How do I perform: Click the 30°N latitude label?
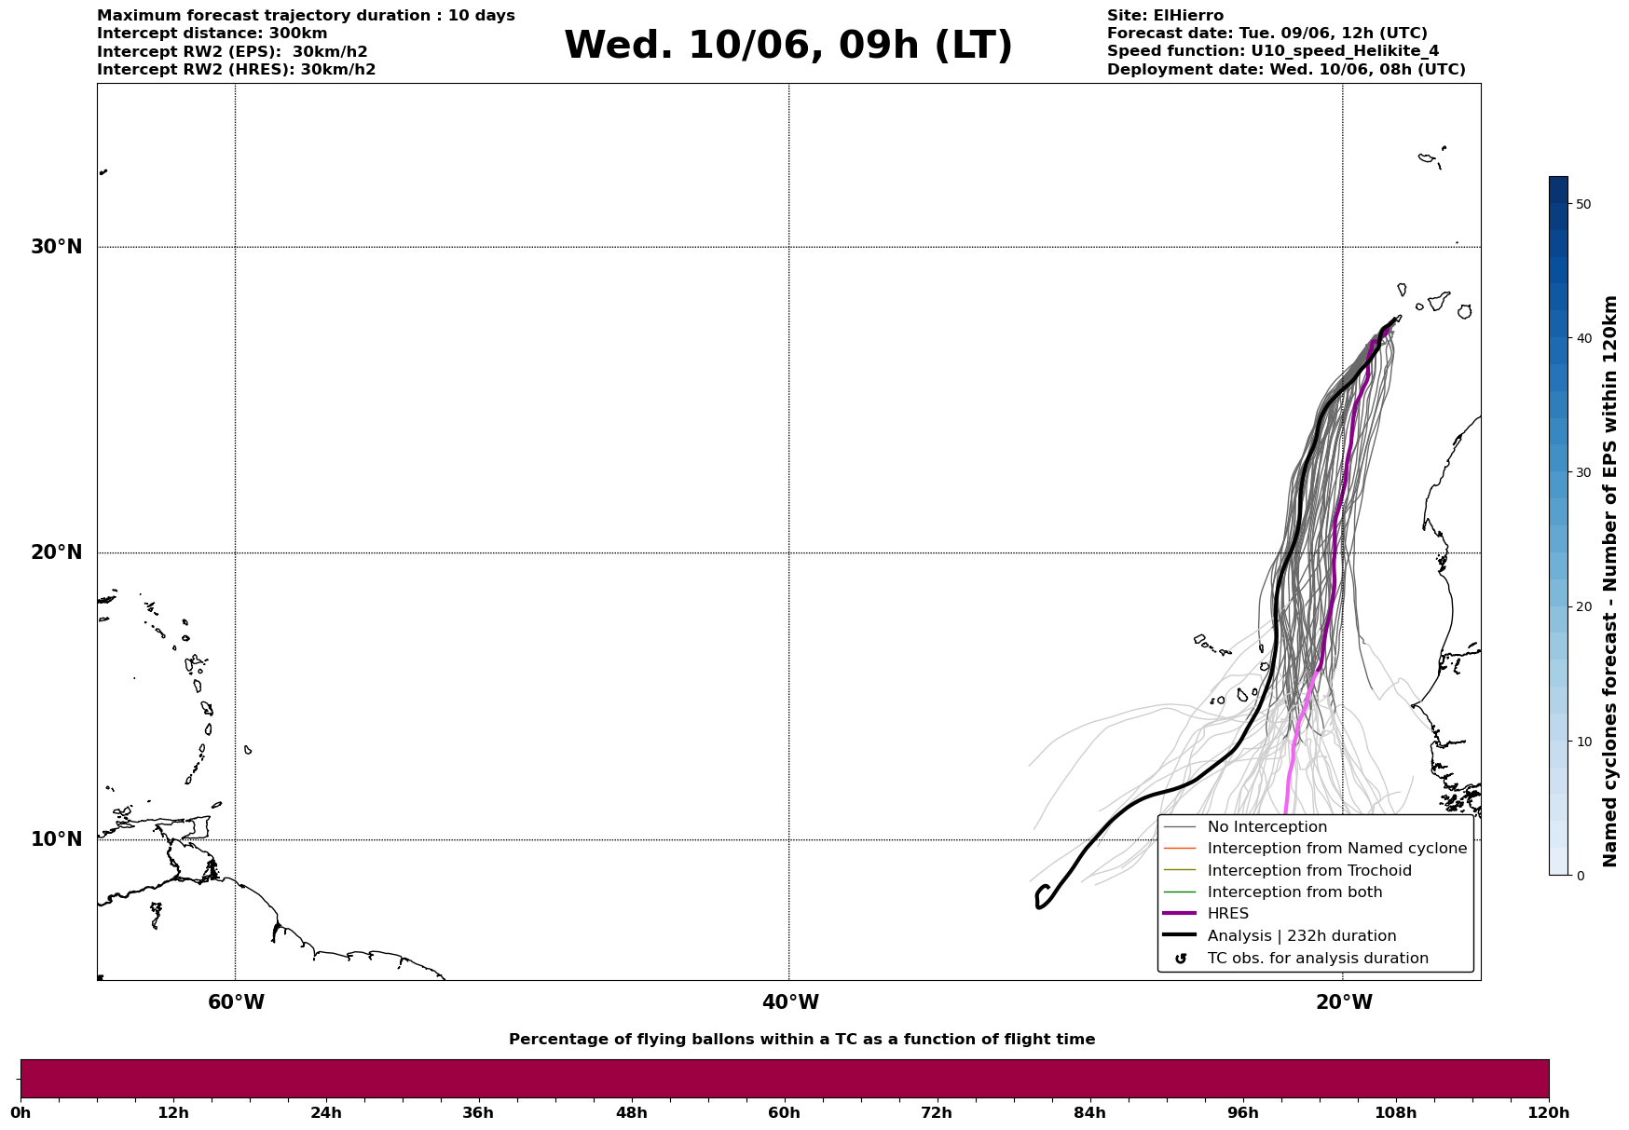(57, 247)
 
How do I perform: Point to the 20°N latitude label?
(57, 552)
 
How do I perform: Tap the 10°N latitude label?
(57, 839)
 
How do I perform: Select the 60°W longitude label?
(236, 1002)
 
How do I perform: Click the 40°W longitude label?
(790, 1002)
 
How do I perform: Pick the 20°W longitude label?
(1344, 1002)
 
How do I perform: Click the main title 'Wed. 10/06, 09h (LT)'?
(788, 46)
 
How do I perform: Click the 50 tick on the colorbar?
(1582, 204)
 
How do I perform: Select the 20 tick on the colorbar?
(1582, 606)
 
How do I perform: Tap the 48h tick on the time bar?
(631, 1112)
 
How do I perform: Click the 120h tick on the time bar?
(1549, 1112)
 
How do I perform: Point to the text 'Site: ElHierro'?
(1165, 16)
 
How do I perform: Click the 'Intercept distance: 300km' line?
(212, 34)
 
